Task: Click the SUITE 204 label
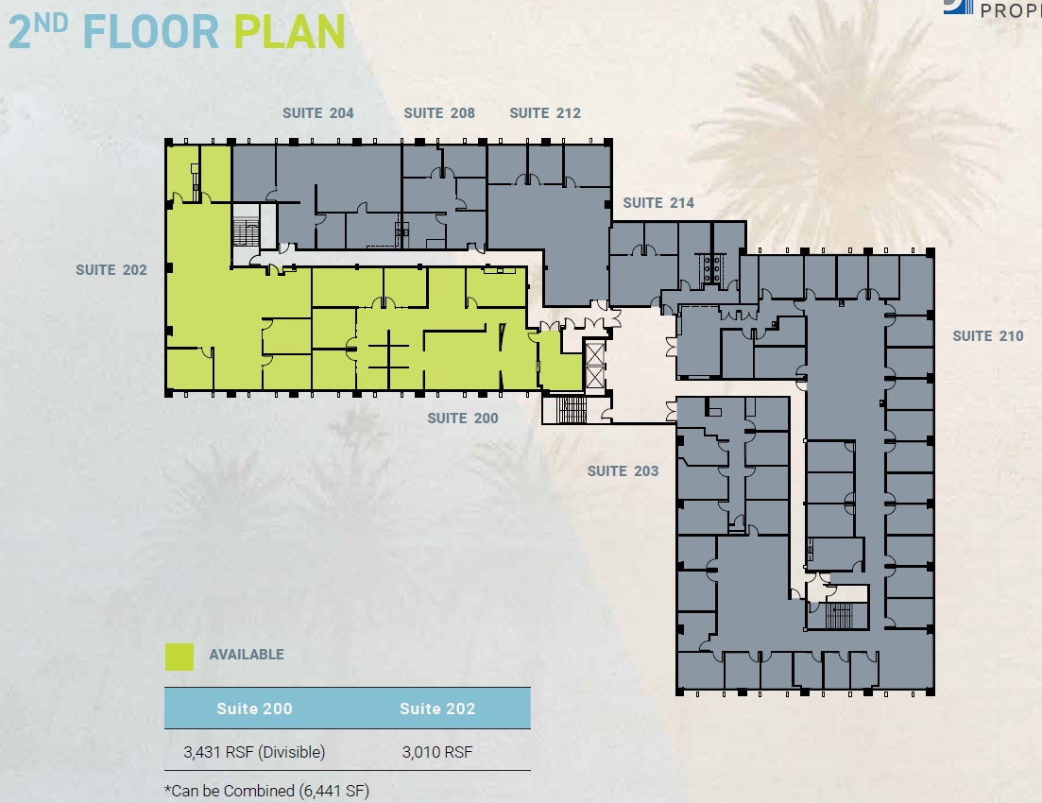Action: (x=318, y=113)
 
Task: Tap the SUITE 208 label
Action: (x=439, y=113)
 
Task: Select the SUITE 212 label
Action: (x=545, y=113)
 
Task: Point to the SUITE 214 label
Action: (x=658, y=203)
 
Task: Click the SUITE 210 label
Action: (x=988, y=335)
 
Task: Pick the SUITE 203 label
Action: (x=623, y=471)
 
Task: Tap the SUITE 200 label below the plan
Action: (x=463, y=419)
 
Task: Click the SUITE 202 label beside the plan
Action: (x=111, y=270)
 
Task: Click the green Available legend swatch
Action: (x=179, y=656)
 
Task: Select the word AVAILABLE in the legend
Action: (x=247, y=654)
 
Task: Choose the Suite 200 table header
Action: (x=254, y=709)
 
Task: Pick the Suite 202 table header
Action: (x=437, y=709)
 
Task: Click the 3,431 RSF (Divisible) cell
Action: (x=254, y=752)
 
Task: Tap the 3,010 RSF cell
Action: (x=437, y=752)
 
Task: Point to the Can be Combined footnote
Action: (x=266, y=791)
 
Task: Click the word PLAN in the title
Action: (x=290, y=32)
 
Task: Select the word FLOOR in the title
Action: (x=151, y=32)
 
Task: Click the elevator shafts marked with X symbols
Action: (x=595, y=365)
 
